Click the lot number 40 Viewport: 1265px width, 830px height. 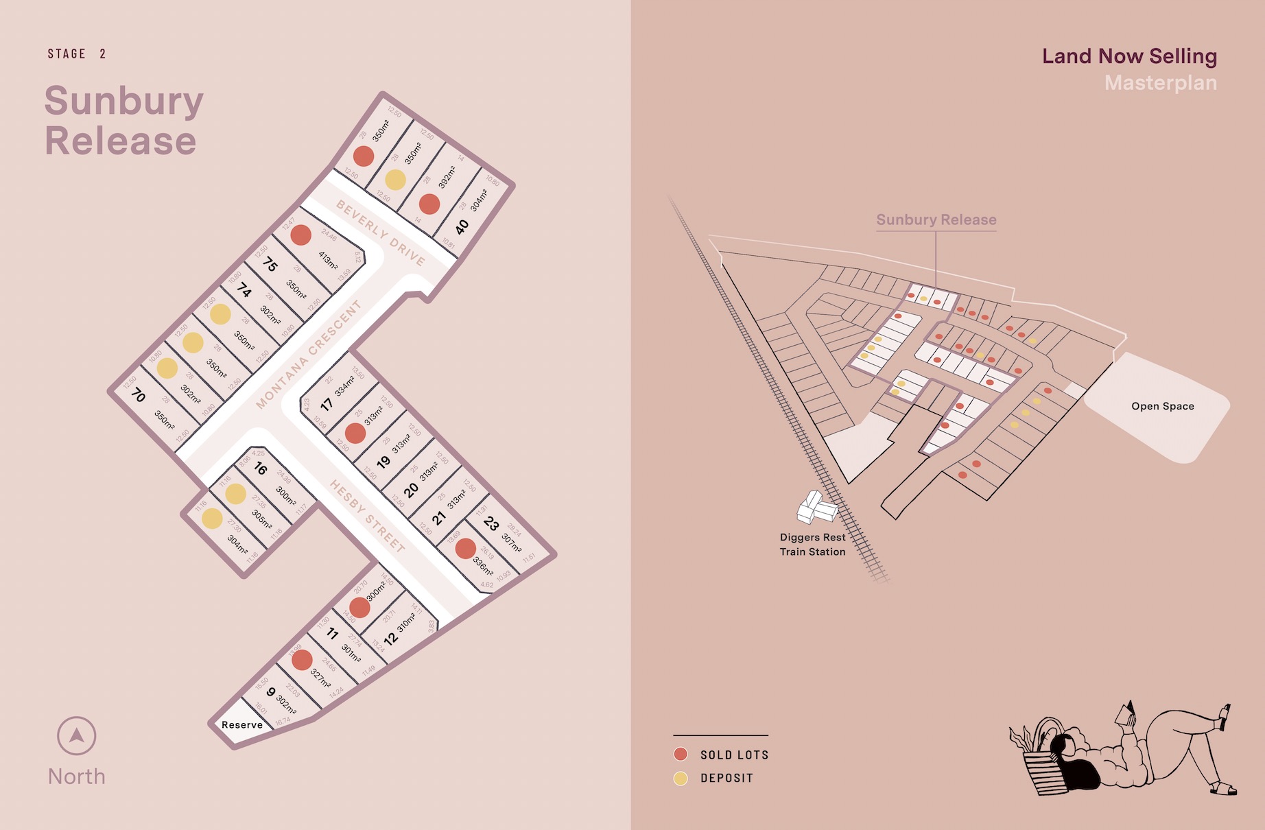[462, 226]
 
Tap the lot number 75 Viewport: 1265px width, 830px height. [271, 265]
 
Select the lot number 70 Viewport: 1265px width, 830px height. [139, 395]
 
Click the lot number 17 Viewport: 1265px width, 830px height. [327, 404]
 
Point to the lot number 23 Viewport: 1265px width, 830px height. [491, 523]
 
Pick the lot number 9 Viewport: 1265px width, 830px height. [271, 691]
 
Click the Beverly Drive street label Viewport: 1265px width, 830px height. [381, 233]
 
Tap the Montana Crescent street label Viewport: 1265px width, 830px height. [308, 355]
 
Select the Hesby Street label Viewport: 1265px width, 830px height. [367, 516]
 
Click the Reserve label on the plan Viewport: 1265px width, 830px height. [242, 725]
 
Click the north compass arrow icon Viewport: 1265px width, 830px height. [77, 736]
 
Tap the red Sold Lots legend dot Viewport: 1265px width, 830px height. [681, 755]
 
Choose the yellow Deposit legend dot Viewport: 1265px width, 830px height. [681, 778]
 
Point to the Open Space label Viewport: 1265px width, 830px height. [1163, 406]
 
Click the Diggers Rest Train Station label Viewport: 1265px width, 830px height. [813, 545]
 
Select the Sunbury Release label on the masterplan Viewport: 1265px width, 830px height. [936, 220]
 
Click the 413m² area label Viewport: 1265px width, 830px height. [328, 260]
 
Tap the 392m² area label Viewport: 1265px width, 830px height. [447, 177]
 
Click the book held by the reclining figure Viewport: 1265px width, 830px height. [1126, 715]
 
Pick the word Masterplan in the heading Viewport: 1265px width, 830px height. [1161, 83]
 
